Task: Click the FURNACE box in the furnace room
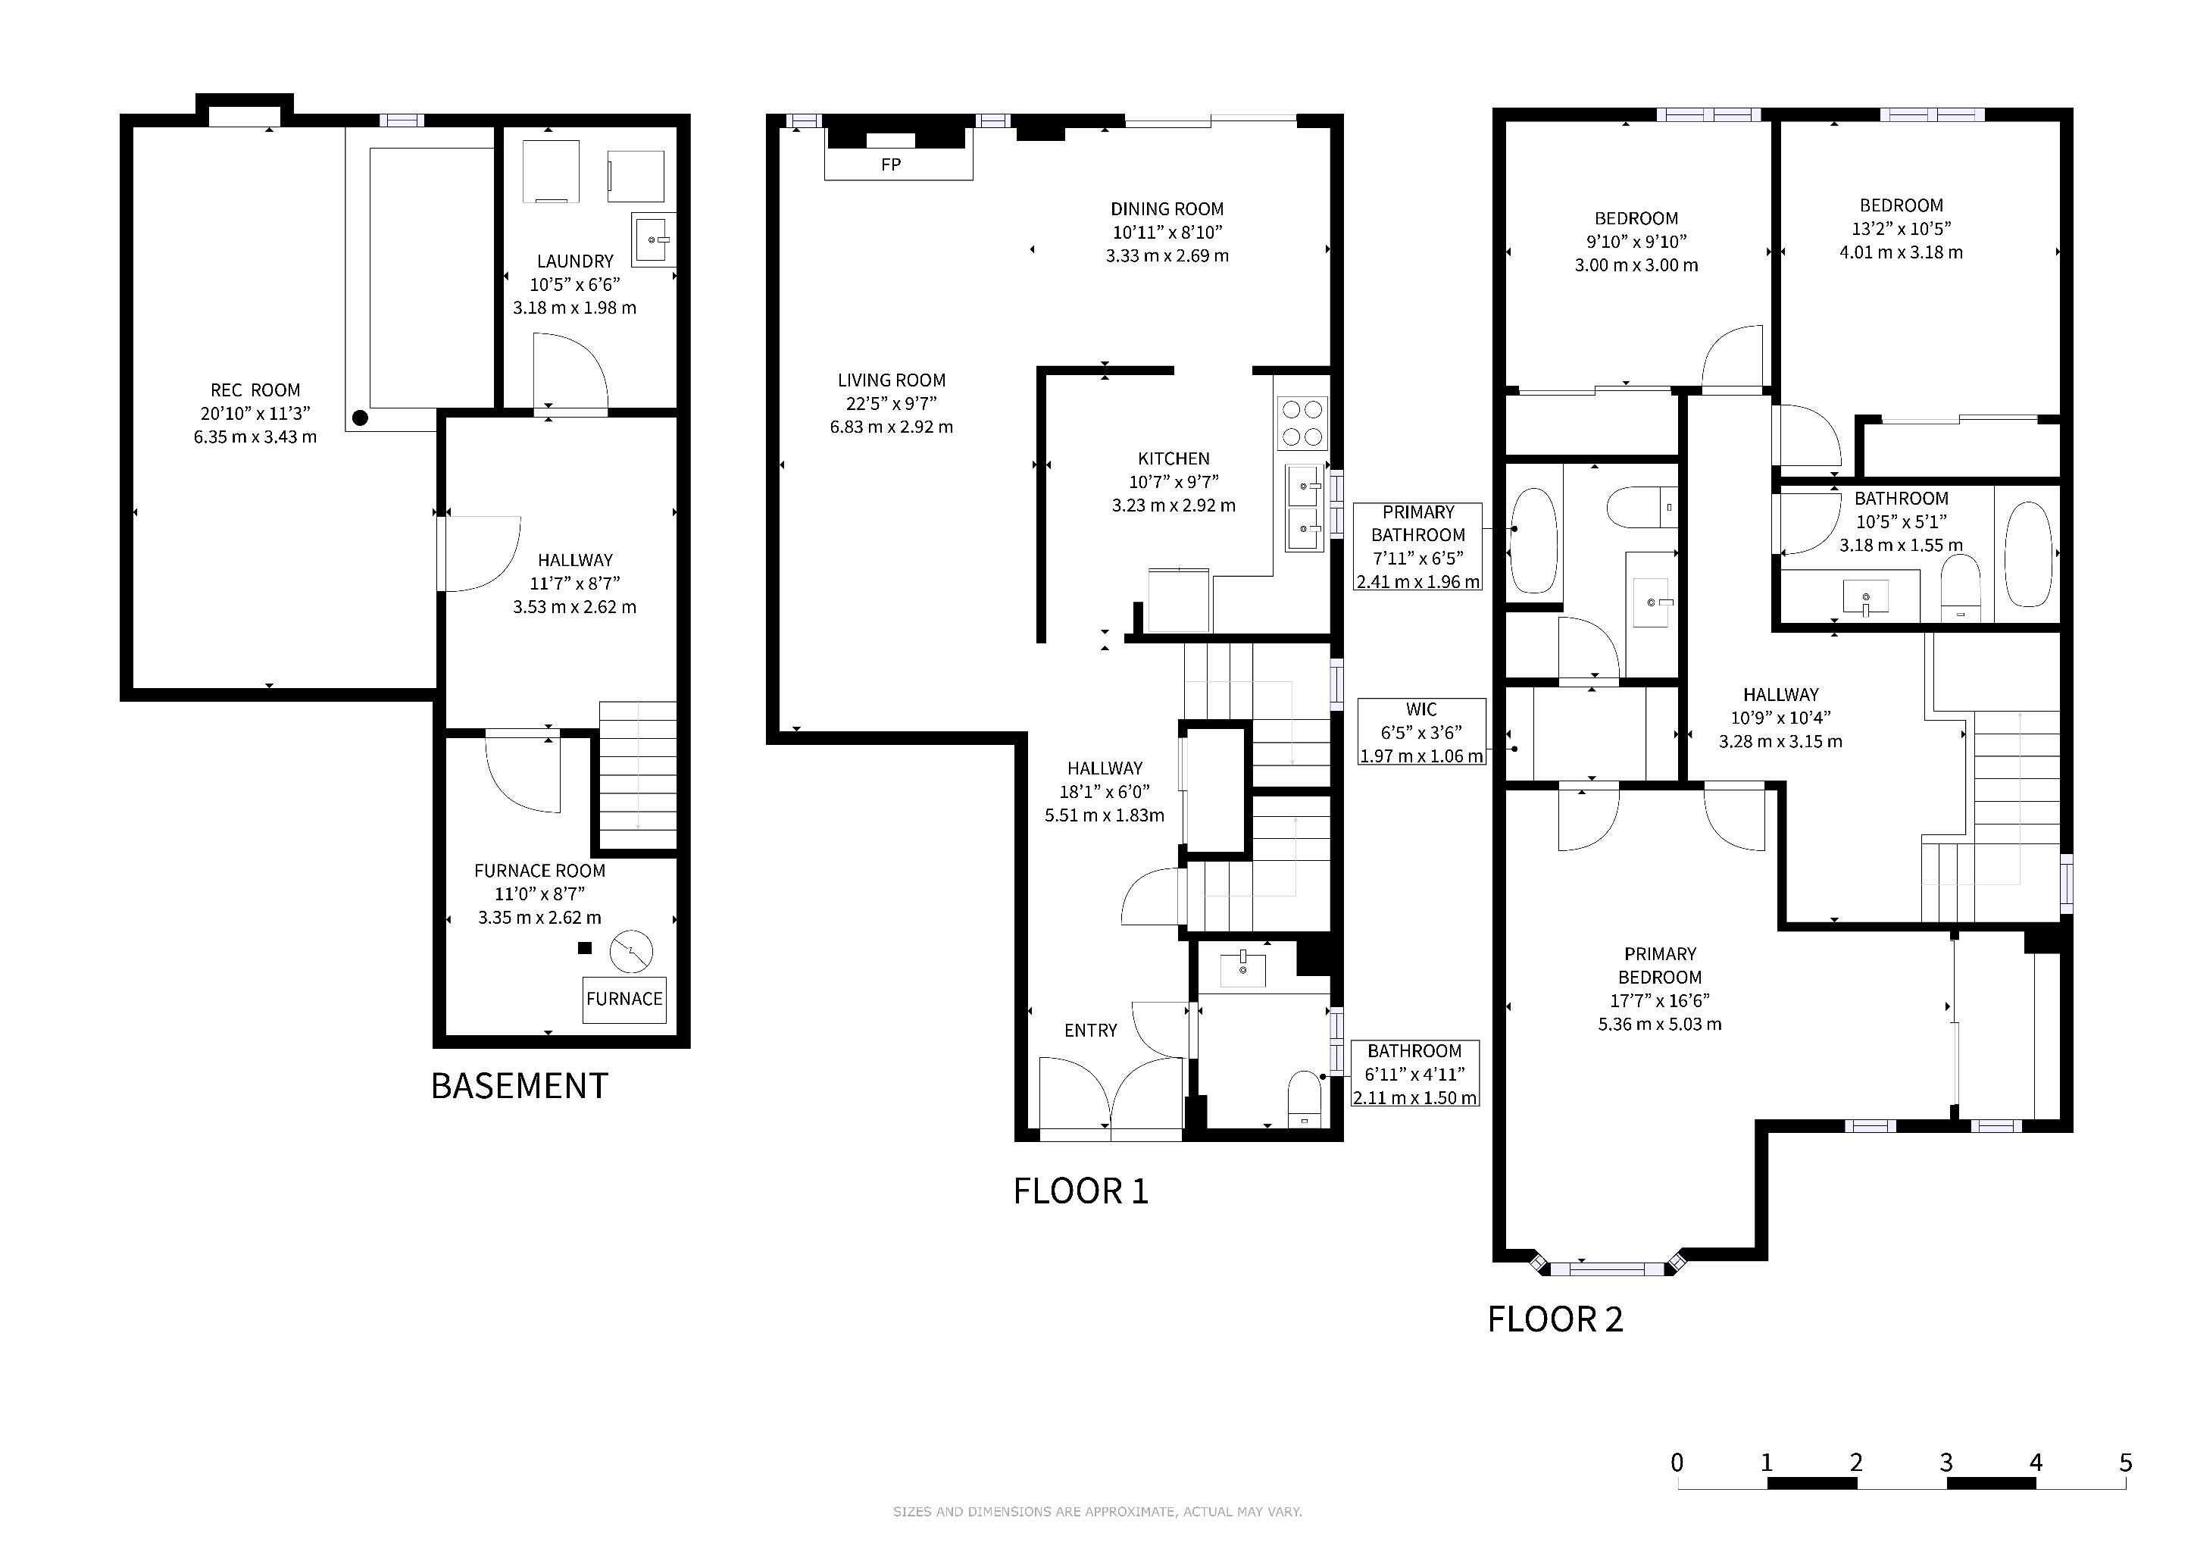[625, 1000]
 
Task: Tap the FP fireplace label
[891, 164]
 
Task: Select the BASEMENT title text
[519, 1086]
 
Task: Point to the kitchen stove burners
[1302, 424]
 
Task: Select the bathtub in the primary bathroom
[1533, 542]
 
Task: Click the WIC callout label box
[1422, 732]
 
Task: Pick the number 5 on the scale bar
[2125, 1462]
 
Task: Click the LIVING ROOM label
[892, 380]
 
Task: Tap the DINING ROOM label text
[1167, 208]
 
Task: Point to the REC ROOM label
[255, 390]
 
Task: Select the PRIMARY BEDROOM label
[1660, 965]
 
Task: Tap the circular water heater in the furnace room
[632, 951]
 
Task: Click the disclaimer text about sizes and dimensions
[1097, 1512]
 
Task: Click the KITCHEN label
[1174, 458]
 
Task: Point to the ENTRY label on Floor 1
[1090, 1030]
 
